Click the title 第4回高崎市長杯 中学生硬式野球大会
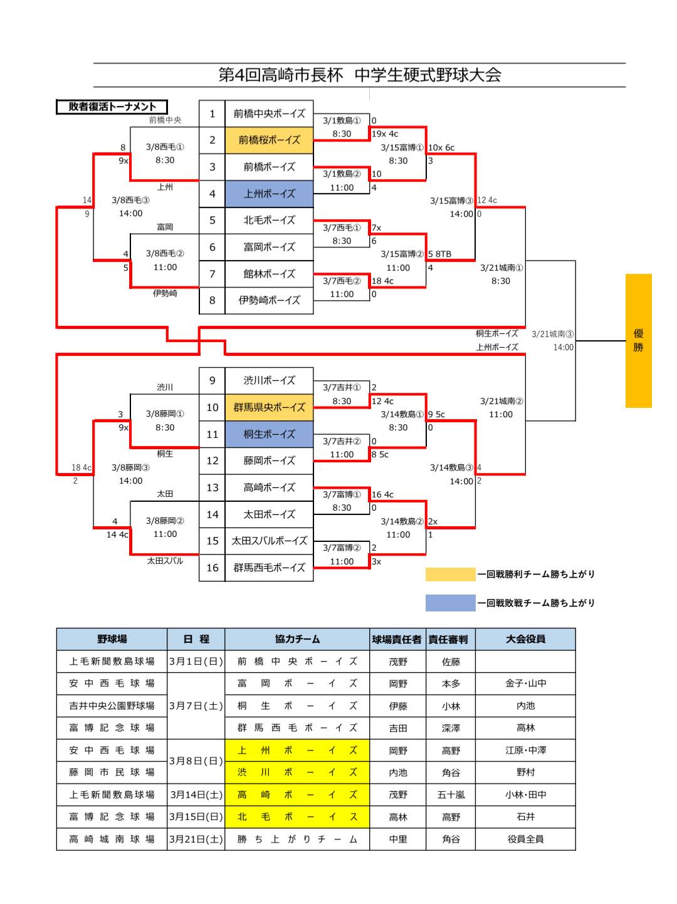[359, 75]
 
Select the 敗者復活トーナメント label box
[112, 107]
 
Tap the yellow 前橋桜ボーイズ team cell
[269, 140]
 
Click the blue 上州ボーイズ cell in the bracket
[269, 194]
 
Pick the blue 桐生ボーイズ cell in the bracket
[269, 434]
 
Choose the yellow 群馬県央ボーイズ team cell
[269, 407]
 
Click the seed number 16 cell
[213, 568]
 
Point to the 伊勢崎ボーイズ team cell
[269, 300]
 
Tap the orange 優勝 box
[638, 341]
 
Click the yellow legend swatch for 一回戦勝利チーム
[450, 574]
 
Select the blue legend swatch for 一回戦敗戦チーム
[450, 603]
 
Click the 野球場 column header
[112, 639]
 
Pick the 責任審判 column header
[450, 639]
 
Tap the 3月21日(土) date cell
[196, 839]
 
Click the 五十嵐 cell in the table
[450, 794]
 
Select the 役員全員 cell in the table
[525, 839]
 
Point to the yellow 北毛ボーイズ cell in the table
[297, 817]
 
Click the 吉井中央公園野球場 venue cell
[112, 705]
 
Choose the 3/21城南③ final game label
[552, 334]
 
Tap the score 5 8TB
[439, 254]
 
